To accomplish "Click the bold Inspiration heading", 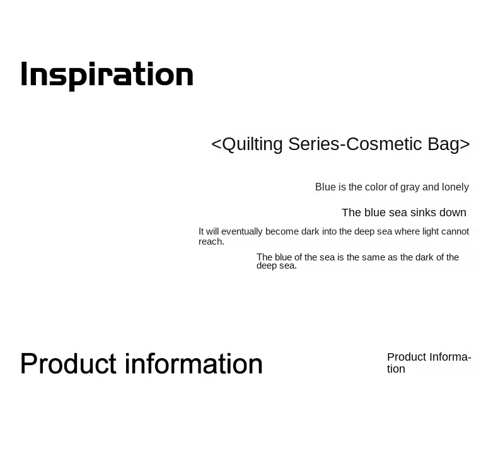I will (107, 75).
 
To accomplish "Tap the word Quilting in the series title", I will (252, 144).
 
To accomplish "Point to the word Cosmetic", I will (385, 144).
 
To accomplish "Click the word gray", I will (410, 187).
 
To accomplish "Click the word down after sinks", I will (452, 212).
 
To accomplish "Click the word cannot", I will (455, 231).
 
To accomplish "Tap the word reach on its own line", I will (211, 242).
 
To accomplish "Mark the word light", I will (430, 231).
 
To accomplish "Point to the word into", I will (330, 231).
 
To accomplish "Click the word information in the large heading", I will (194, 364).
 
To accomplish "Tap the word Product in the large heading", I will (68, 364).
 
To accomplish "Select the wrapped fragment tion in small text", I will (396, 370).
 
